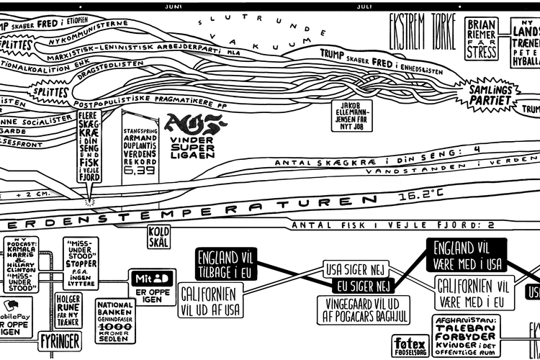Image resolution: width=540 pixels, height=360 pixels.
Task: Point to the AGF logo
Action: click(189, 125)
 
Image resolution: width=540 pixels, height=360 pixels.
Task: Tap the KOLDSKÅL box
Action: click(158, 237)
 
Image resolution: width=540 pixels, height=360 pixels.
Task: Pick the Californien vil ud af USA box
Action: click(210, 301)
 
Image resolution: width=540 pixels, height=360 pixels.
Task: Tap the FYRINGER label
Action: click(59, 339)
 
